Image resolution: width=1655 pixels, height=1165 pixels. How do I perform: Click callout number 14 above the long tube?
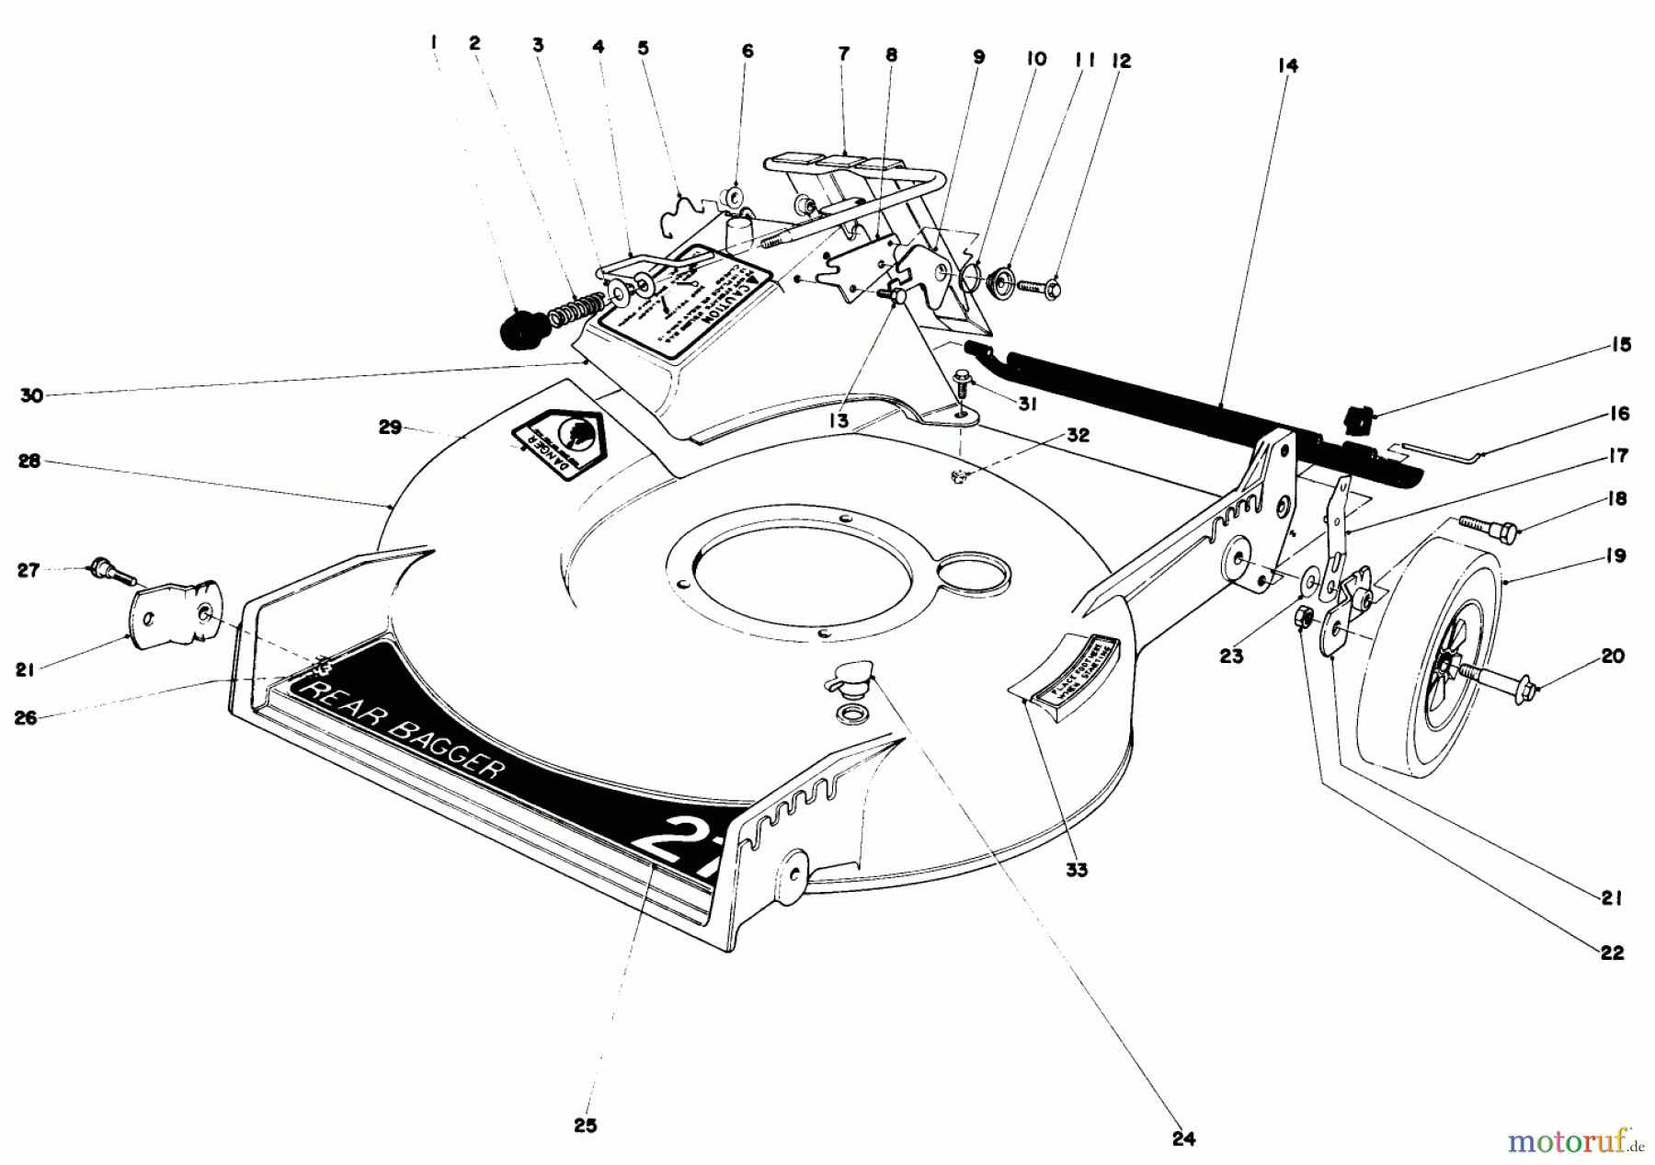point(1287,66)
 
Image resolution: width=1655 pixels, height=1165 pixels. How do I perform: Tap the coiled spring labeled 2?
point(576,308)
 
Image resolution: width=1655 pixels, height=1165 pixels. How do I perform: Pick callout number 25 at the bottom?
point(586,1125)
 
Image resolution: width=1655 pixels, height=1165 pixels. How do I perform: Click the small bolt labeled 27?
point(110,573)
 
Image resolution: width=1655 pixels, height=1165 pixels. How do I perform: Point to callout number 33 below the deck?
point(1076,870)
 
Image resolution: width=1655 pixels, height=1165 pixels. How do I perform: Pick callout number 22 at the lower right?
point(1612,954)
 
